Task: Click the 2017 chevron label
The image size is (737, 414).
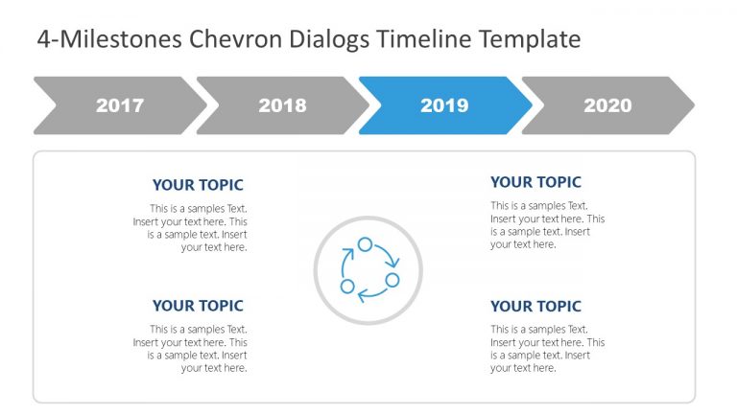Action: [120, 105]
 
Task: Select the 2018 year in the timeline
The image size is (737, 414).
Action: [282, 105]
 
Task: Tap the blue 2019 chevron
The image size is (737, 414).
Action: [444, 105]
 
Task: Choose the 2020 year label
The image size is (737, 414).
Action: [607, 105]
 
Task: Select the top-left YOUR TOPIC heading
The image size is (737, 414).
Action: [198, 185]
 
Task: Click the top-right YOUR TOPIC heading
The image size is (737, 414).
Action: [535, 182]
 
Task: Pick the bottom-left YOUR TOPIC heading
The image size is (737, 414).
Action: [198, 306]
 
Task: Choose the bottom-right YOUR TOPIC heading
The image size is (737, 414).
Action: [535, 307]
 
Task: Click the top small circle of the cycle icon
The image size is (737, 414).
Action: [365, 244]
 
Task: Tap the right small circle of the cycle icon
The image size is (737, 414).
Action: [392, 280]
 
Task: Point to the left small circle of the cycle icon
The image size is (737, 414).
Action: [347, 287]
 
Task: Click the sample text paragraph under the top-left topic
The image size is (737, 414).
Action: [190, 227]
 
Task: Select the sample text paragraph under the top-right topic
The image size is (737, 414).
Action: [547, 224]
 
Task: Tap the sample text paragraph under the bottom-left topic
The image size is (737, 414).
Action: [190, 348]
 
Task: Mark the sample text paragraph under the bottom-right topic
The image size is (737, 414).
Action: [547, 348]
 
